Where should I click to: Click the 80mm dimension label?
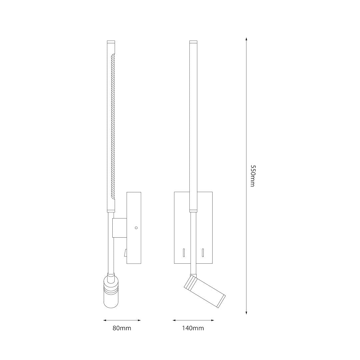tap(122, 328)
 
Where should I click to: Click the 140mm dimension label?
tap(193, 328)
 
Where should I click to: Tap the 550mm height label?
tap(252, 176)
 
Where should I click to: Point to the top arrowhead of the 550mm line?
tap(246, 39)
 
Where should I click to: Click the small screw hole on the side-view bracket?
tap(136, 228)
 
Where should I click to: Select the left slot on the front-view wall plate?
tap(184, 253)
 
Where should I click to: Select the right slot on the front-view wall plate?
tap(203, 253)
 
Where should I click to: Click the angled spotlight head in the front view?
tap(205, 291)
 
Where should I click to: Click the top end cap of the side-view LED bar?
tap(111, 42)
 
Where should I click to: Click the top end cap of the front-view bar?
tap(193, 42)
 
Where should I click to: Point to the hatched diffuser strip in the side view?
tap(113, 127)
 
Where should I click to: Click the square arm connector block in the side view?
tap(120, 228)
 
